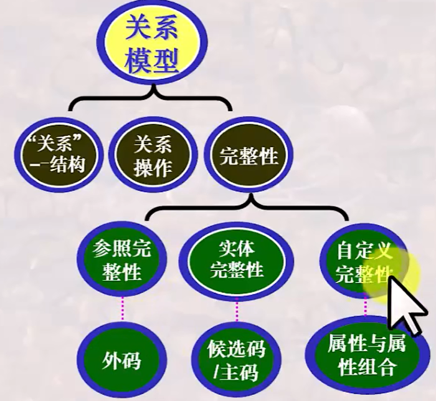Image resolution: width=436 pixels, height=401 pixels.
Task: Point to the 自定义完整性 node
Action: tap(365, 262)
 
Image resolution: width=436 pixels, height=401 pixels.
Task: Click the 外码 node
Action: tap(122, 360)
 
